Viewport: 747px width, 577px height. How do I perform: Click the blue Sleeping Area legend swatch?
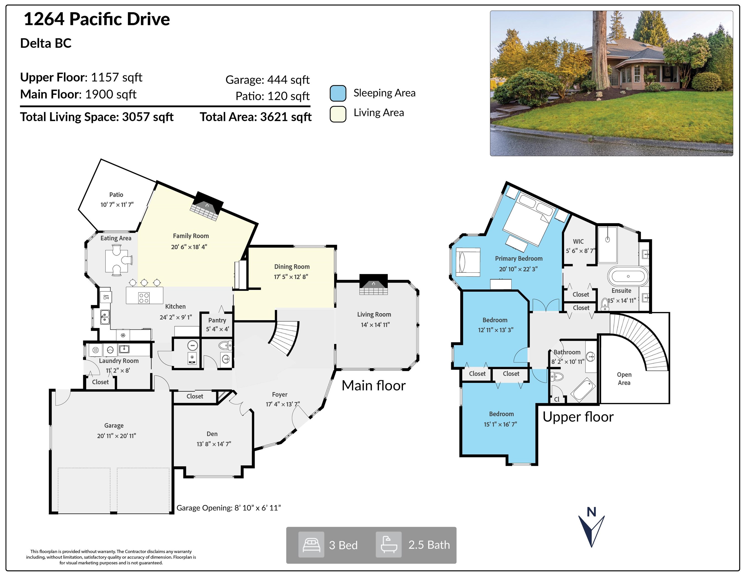338,93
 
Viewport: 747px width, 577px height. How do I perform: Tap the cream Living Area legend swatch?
338,114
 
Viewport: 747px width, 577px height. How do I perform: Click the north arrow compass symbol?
591,528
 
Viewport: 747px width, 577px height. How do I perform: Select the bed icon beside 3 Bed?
311,545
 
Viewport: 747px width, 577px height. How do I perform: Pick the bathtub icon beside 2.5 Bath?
389,545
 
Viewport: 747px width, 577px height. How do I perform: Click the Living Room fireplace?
373,285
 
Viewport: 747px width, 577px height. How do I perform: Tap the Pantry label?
217,320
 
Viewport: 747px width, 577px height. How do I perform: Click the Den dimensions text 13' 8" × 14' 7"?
214,444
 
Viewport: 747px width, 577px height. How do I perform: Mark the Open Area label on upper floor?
624,378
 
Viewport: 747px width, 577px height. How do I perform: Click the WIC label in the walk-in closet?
578,241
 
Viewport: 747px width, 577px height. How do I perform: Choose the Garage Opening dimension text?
229,508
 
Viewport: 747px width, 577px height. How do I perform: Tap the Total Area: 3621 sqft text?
256,117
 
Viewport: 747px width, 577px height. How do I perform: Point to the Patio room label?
116,195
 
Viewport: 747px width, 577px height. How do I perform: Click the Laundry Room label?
119,361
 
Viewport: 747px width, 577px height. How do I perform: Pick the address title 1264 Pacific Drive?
97,19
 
